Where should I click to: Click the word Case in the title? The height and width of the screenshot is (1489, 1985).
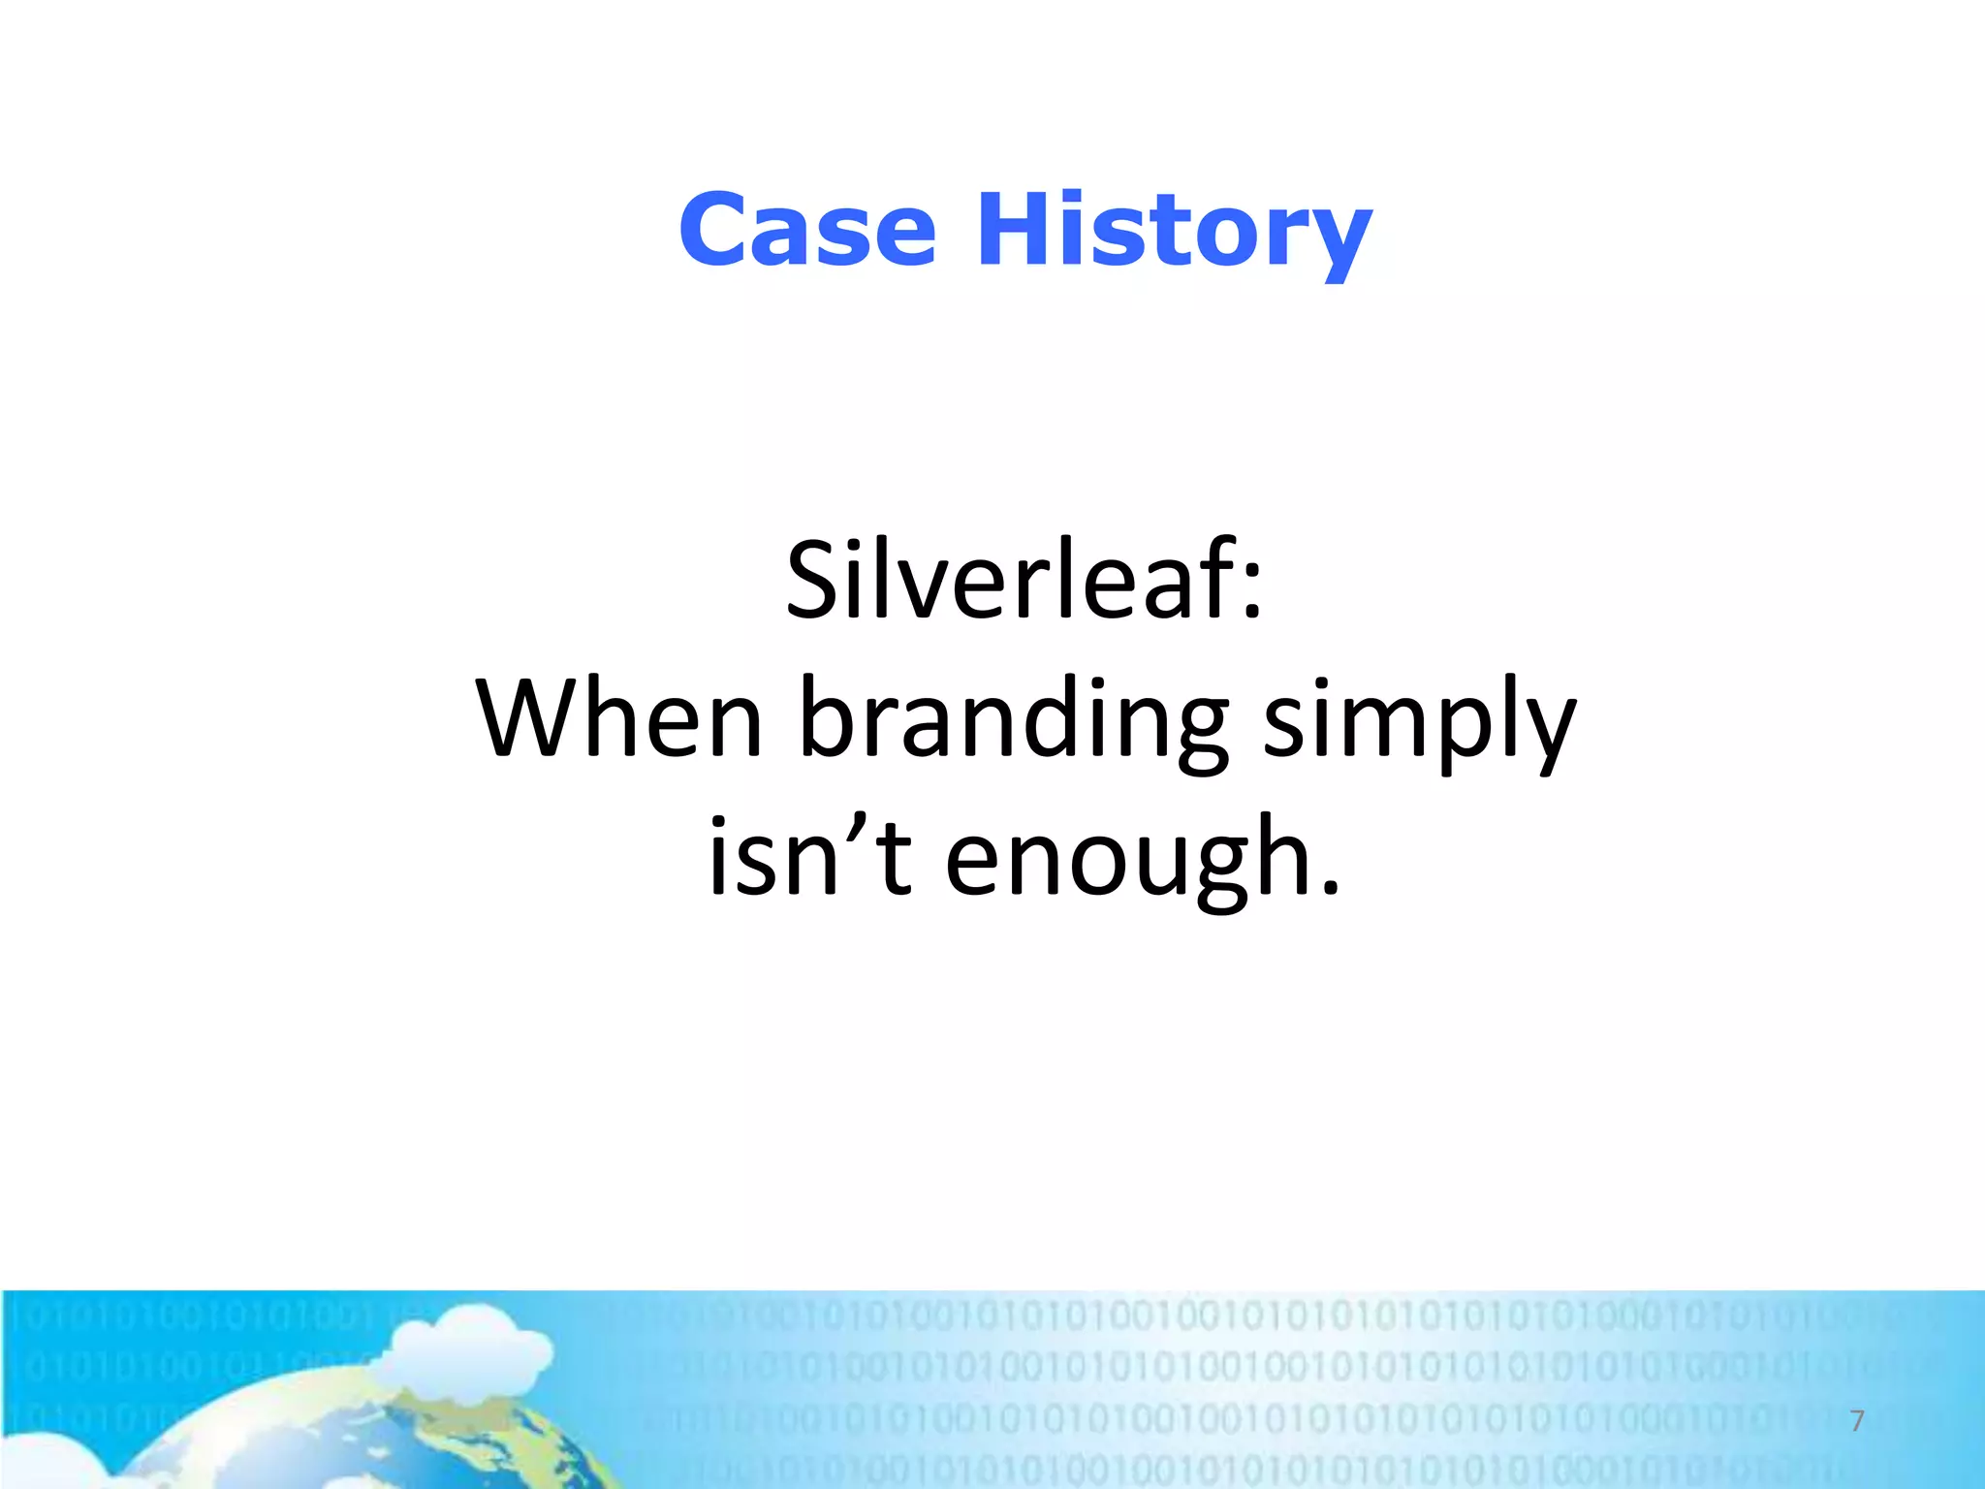point(807,231)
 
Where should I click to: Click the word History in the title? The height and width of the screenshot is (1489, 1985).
point(1174,233)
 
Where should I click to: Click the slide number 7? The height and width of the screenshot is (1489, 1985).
point(1857,1421)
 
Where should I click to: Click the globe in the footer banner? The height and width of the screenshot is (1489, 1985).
point(388,1435)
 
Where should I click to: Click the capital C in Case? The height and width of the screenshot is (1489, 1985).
point(715,231)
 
